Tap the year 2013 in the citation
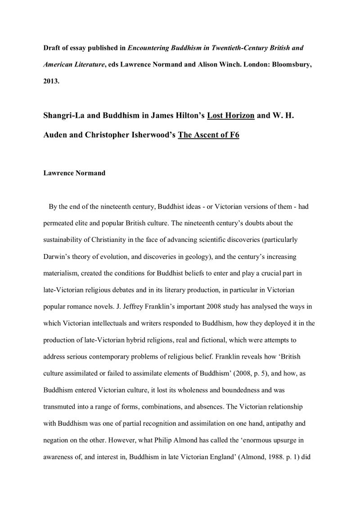coord(50,81)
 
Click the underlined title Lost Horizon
coord(231,116)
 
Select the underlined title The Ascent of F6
coord(208,134)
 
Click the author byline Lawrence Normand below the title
coord(74,173)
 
